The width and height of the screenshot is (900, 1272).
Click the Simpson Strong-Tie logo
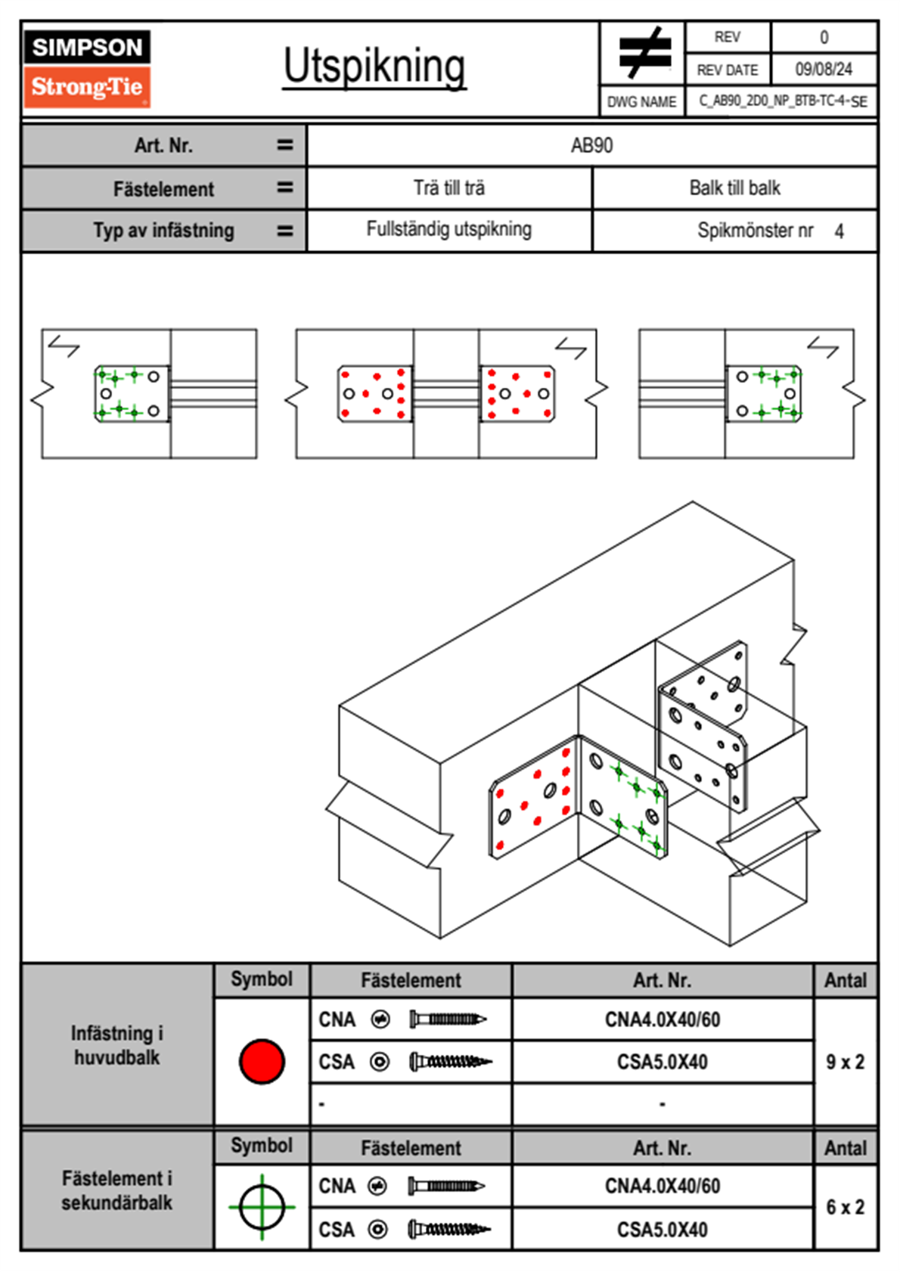[x=87, y=68]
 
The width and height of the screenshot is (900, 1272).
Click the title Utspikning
[x=374, y=67]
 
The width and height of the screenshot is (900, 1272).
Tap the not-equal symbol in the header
[x=644, y=53]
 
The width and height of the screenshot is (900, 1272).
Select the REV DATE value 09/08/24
[x=824, y=70]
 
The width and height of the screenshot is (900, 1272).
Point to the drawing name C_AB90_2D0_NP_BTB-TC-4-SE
[x=782, y=101]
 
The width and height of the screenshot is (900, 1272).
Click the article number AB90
[x=591, y=145]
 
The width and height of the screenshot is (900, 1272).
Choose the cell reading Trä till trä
[x=449, y=188]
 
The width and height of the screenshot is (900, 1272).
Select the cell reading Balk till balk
[x=734, y=188]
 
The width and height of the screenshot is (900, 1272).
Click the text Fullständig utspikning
[x=449, y=229]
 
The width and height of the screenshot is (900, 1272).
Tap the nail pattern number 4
[x=839, y=231]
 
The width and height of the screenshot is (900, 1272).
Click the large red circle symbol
[x=262, y=1061]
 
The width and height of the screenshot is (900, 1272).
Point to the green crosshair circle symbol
[x=262, y=1207]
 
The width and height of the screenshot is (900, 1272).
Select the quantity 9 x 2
[x=845, y=1062]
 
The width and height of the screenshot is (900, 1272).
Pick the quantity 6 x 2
[x=845, y=1207]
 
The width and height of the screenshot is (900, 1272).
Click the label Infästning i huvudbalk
[x=117, y=1045]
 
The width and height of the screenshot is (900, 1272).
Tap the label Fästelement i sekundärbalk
[x=117, y=1190]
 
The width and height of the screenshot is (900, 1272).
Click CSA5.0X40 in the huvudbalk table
[x=662, y=1062]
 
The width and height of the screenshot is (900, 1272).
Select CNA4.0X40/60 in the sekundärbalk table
[x=662, y=1186]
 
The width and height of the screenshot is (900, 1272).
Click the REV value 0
[x=824, y=37]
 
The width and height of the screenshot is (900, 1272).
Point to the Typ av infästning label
[x=163, y=231]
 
